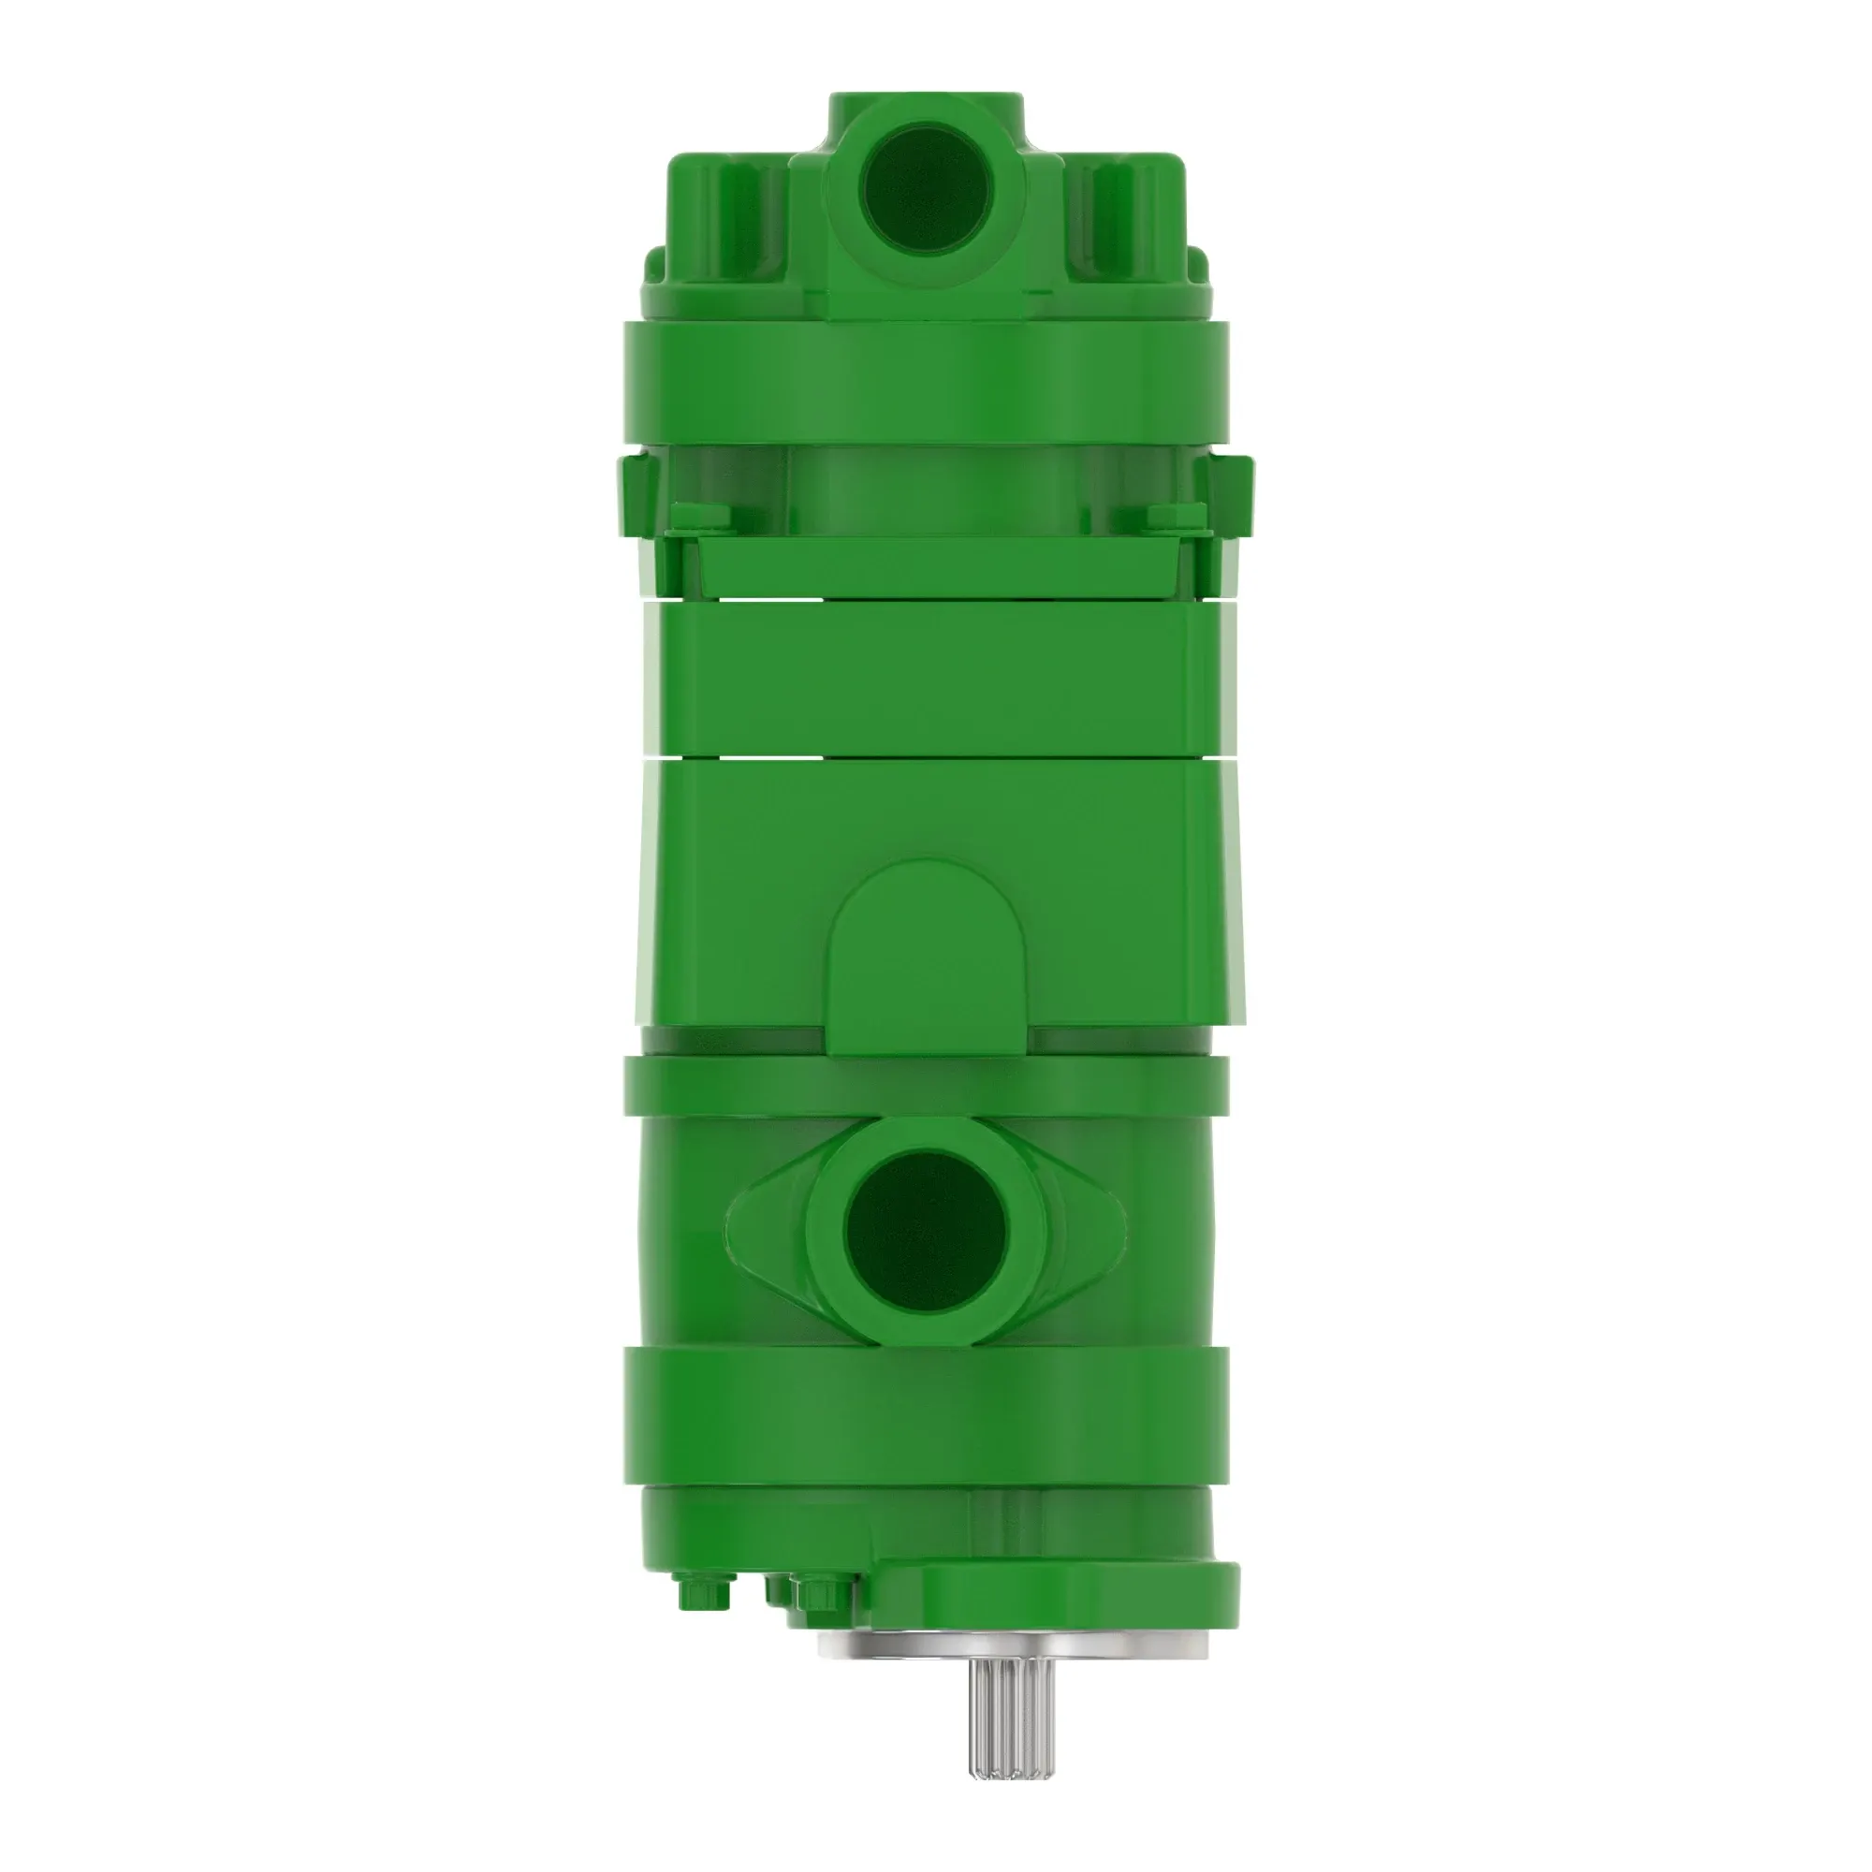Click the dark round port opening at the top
929,189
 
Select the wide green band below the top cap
926,383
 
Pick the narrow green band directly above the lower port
926,1085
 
